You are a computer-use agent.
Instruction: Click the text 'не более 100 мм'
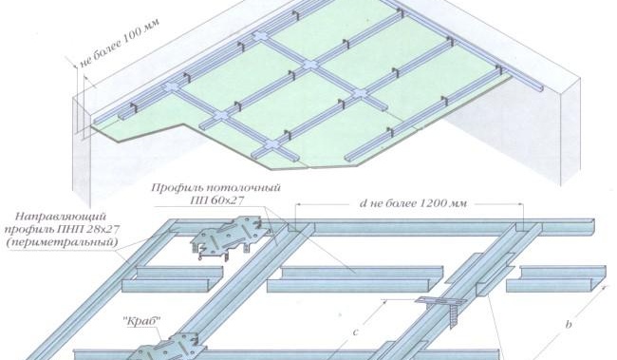click(120, 43)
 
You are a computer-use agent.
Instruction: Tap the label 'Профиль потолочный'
click(216, 187)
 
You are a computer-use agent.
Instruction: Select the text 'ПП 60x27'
click(216, 200)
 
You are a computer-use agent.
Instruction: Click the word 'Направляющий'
click(62, 217)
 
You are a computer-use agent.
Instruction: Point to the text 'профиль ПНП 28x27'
click(62, 229)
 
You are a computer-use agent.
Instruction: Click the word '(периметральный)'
click(62, 242)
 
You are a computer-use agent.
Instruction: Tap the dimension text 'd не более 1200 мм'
click(413, 203)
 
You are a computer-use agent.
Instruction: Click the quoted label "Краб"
click(144, 321)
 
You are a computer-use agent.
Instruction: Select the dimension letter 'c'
click(355, 332)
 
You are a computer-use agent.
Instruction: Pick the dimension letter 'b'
click(569, 324)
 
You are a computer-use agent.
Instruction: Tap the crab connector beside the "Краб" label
click(170, 348)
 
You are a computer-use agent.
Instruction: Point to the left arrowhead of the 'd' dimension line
click(299, 204)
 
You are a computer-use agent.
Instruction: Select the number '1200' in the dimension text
click(432, 203)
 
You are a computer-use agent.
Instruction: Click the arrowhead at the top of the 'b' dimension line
click(605, 288)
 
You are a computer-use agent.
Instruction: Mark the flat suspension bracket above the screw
click(440, 301)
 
